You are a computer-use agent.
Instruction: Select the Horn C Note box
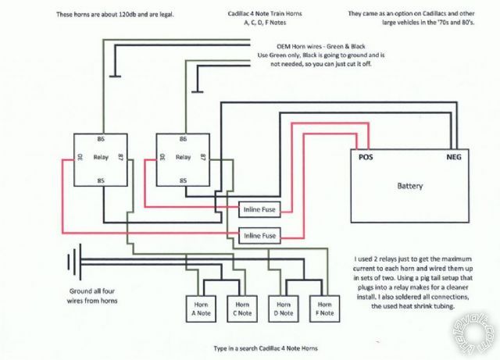(x=239, y=309)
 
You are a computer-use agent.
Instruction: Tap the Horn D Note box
(x=282, y=309)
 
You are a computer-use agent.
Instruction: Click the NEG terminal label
(x=455, y=157)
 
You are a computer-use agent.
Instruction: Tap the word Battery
(x=410, y=187)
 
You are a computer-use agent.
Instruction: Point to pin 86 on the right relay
(x=184, y=139)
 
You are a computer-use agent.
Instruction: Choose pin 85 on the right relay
(x=184, y=180)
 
